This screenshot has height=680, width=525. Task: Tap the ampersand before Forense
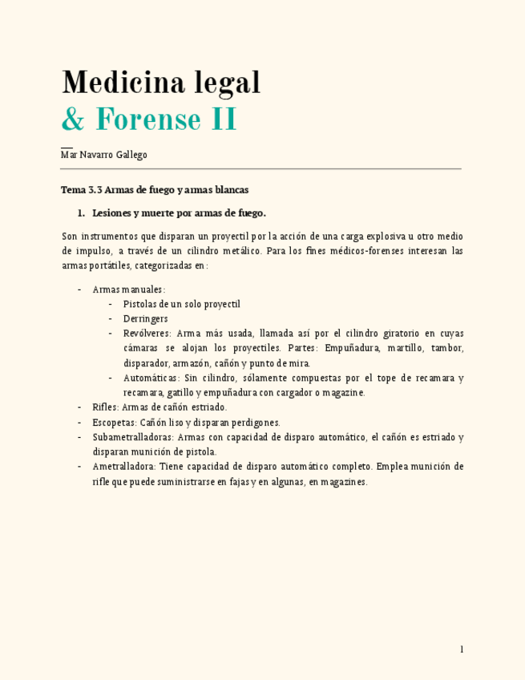(x=73, y=120)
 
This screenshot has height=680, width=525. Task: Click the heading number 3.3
(x=95, y=190)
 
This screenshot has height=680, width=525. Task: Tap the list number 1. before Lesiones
(x=81, y=213)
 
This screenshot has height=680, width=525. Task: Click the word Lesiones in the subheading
(x=114, y=213)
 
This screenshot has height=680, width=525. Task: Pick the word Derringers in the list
(x=146, y=318)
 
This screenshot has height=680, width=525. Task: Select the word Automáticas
(x=151, y=378)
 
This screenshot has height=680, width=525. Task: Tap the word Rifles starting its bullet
(x=105, y=407)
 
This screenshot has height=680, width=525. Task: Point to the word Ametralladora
(x=124, y=467)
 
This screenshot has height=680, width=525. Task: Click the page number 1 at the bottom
(x=462, y=649)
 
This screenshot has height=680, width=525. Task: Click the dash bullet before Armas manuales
(x=79, y=289)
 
